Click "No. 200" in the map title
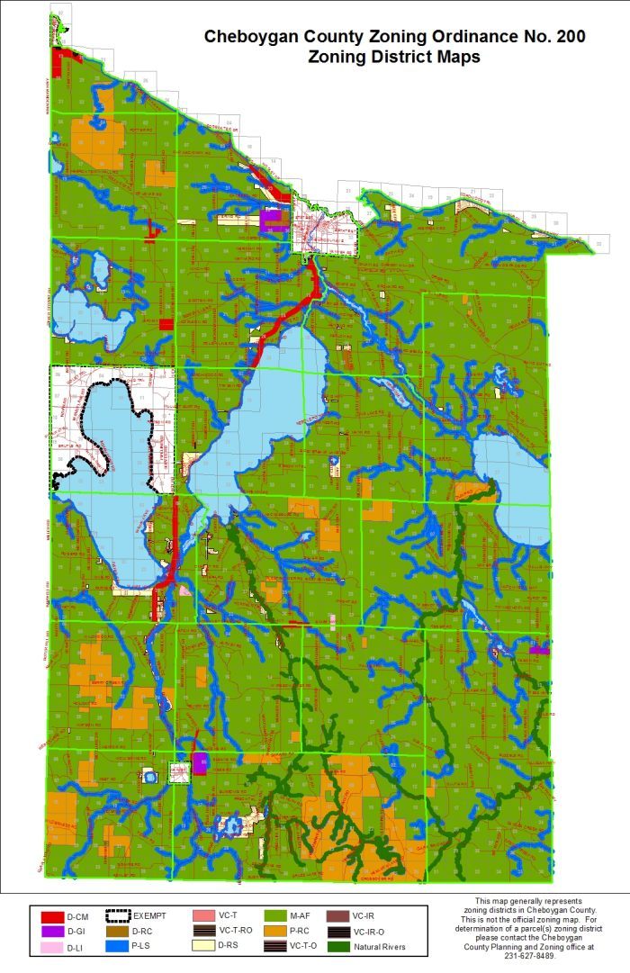pos(553,37)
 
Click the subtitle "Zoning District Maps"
pos(393,57)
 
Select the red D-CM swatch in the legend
pos(50,915)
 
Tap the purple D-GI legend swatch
pos(50,931)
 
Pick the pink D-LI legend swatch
pos(50,946)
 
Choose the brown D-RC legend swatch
pos(118,931)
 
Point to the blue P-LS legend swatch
pos(118,946)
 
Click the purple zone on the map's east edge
pos(540,648)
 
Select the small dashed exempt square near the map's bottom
pos(179,772)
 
